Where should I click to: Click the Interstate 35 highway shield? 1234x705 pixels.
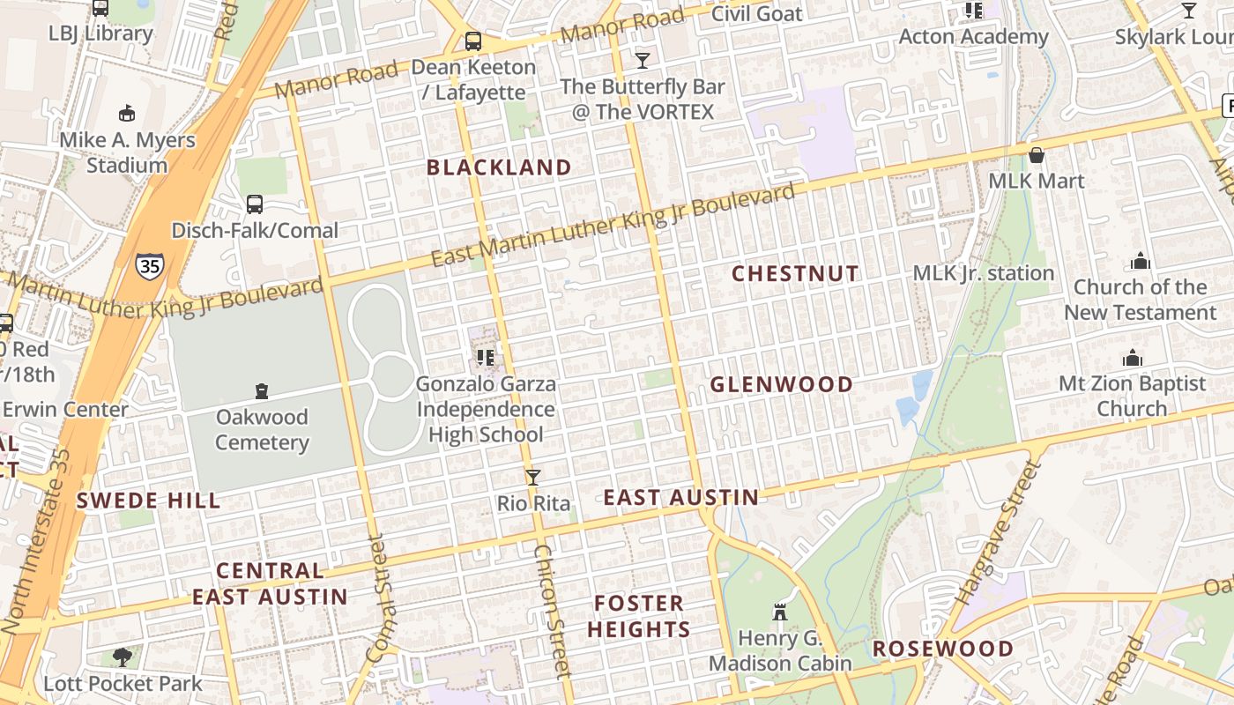click(x=149, y=265)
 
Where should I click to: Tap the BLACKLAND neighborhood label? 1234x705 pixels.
click(x=499, y=167)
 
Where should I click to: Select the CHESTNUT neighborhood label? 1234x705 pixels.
click(x=795, y=273)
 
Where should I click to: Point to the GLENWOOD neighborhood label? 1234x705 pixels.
click(x=782, y=384)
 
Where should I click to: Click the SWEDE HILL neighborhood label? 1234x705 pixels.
click(x=148, y=501)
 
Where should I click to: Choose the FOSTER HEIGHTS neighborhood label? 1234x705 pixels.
click(x=639, y=616)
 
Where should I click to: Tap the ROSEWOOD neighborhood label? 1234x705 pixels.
click(x=943, y=649)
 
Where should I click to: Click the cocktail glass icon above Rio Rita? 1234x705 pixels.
click(x=532, y=478)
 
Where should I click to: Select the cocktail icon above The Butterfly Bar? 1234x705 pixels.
click(x=643, y=60)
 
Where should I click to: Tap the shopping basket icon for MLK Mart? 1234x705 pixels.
click(x=1037, y=155)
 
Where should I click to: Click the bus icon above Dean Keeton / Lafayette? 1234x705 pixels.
click(x=473, y=41)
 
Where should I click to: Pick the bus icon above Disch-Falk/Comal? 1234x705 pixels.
click(x=255, y=204)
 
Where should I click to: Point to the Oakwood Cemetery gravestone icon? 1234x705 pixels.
click(x=261, y=390)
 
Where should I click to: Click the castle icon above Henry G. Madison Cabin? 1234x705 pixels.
click(x=779, y=611)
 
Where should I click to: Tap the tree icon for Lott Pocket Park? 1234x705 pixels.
click(x=123, y=657)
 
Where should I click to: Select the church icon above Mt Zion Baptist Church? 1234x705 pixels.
click(x=1132, y=358)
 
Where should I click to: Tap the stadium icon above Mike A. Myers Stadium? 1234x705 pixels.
click(x=127, y=113)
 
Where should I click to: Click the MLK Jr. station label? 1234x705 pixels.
click(x=984, y=273)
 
